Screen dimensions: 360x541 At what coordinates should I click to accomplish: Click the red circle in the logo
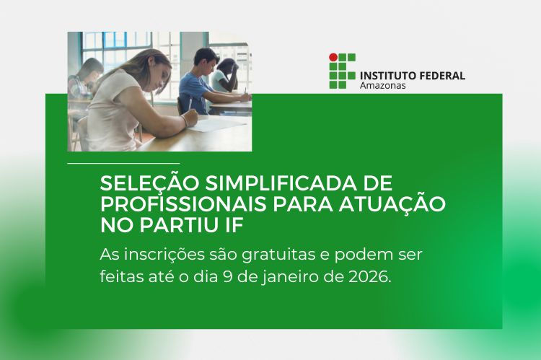click(333, 57)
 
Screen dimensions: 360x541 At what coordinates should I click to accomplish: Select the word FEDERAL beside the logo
click(441, 75)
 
